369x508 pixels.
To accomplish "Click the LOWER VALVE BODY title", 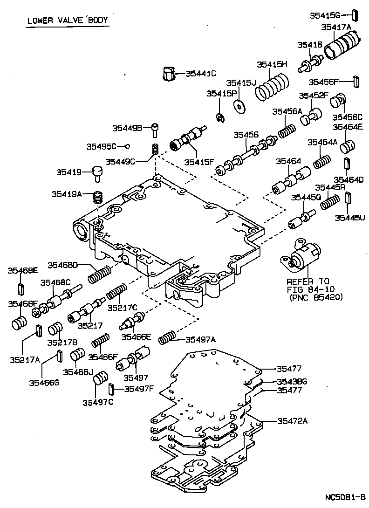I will pyautogui.click(x=67, y=20).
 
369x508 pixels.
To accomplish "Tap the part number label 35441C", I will pyautogui.click(x=201, y=73).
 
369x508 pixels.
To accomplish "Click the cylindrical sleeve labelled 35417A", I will pyautogui.click(x=343, y=46).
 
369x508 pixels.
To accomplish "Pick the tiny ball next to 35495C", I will pyautogui.click(x=126, y=146).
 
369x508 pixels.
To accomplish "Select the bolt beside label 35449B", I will pyautogui.click(x=157, y=129).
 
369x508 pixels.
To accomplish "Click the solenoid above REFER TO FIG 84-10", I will pyautogui.click(x=301, y=258).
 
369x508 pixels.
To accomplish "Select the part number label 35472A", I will pyautogui.click(x=292, y=421).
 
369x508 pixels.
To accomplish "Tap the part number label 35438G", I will pyautogui.click(x=292, y=381).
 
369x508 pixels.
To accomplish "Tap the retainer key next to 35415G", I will pyautogui.click(x=355, y=15).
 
